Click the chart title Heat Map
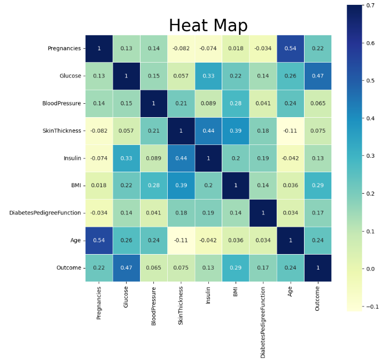click(208, 26)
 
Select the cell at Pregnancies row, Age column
click(290, 49)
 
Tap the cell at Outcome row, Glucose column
click(126, 267)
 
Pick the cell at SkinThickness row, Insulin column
click(208, 131)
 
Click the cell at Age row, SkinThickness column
click(181, 240)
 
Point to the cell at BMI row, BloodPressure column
click(154, 186)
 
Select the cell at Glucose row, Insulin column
click(208, 76)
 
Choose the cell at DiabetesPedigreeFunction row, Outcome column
click(317, 213)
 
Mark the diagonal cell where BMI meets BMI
click(236, 186)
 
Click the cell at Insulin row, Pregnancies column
click(99, 158)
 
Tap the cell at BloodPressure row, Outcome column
click(317, 103)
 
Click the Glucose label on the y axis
click(71, 76)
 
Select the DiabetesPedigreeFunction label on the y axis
click(45, 213)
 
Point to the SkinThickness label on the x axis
click(181, 305)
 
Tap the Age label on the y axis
click(75, 240)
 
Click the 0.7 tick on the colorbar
click(370, 5)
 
